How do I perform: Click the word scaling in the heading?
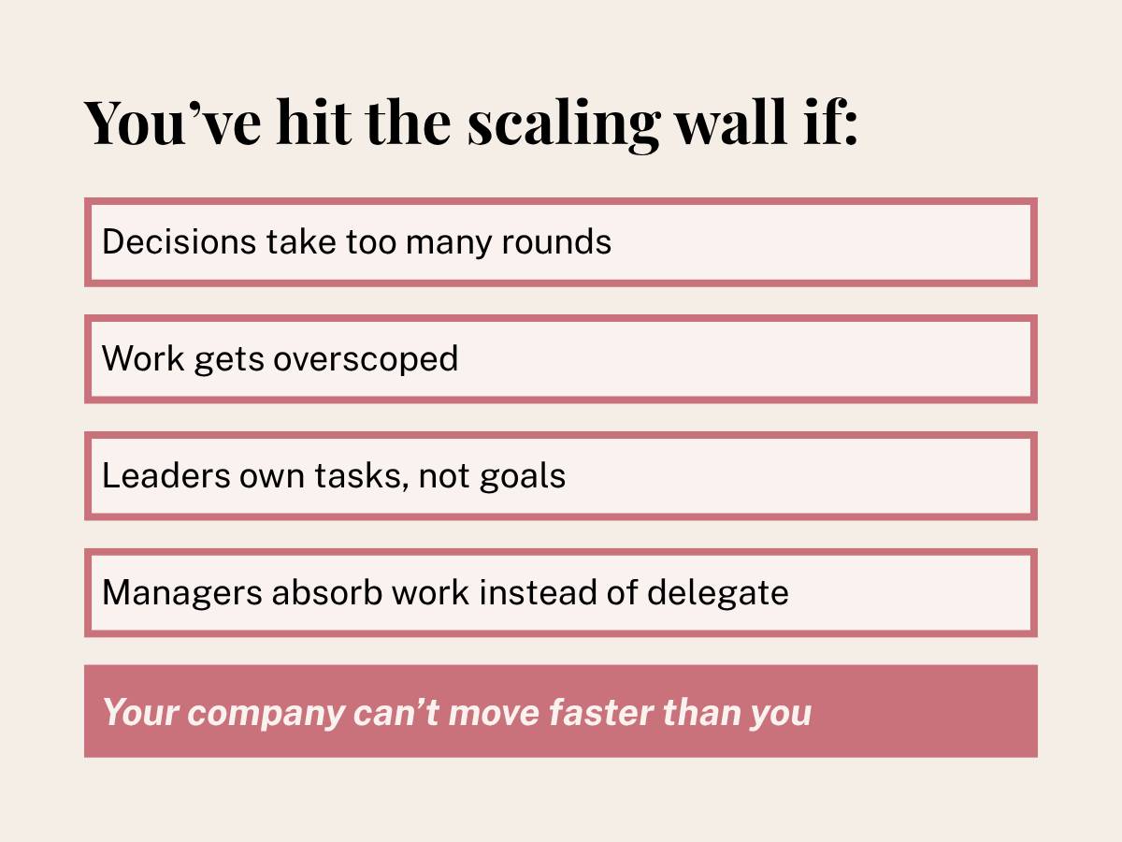pyautogui.click(x=564, y=125)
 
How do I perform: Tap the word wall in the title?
pyautogui.click(x=731, y=122)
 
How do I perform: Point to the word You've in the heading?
pyautogui.click(x=172, y=123)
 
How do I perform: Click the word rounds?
pyautogui.click(x=556, y=241)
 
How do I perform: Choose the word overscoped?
pyautogui.click(x=366, y=360)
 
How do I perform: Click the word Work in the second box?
pyautogui.click(x=143, y=358)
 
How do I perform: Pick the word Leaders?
pyautogui.click(x=166, y=475)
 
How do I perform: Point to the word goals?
pyautogui.click(x=523, y=477)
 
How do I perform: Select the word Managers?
pyautogui.click(x=182, y=594)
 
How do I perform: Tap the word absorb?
pyautogui.click(x=327, y=592)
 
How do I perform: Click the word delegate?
pyautogui.click(x=718, y=594)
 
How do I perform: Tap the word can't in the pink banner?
pyautogui.click(x=396, y=712)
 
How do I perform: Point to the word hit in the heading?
pyautogui.click(x=313, y=122)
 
